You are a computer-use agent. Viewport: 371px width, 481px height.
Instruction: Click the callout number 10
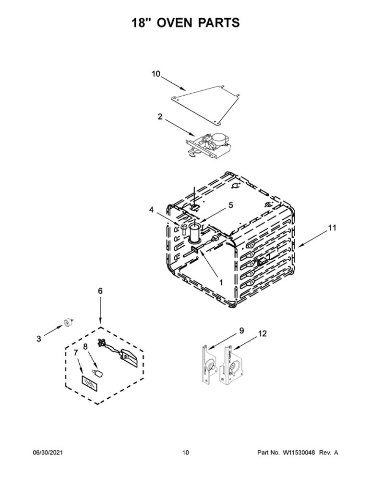click(156, 74)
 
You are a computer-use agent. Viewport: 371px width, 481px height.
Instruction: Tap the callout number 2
click(160, 117)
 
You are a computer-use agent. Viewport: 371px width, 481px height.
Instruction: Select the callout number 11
click(332, 228)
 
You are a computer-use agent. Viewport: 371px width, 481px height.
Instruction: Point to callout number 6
click(100, 291)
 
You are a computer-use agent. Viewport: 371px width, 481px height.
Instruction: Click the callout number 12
click(263, 333)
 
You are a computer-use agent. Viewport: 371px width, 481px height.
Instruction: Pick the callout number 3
click(38, 339)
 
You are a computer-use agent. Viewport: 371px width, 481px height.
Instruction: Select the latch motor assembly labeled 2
click(208, 146)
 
